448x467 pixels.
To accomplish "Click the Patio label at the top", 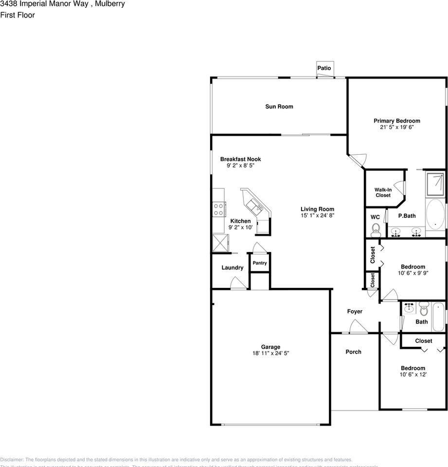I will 324,68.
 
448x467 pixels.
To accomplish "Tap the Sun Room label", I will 279,107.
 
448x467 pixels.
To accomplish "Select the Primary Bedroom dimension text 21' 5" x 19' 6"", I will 396,127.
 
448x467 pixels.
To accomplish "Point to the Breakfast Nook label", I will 240,159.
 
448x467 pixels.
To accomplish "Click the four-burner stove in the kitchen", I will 218,209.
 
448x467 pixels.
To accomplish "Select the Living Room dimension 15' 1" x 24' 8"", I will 317,215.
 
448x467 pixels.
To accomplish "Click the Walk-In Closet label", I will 383,192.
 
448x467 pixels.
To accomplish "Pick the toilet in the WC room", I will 375,229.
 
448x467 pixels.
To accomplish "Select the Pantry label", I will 260,263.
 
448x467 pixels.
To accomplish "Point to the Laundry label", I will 233,268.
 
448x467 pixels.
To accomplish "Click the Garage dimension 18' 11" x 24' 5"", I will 270,353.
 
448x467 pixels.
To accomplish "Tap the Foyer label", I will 354,311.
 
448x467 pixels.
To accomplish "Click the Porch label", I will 353,352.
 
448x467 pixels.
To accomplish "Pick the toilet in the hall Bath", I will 423,308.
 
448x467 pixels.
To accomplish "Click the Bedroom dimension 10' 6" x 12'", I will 412,374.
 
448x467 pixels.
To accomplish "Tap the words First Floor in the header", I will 18,15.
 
